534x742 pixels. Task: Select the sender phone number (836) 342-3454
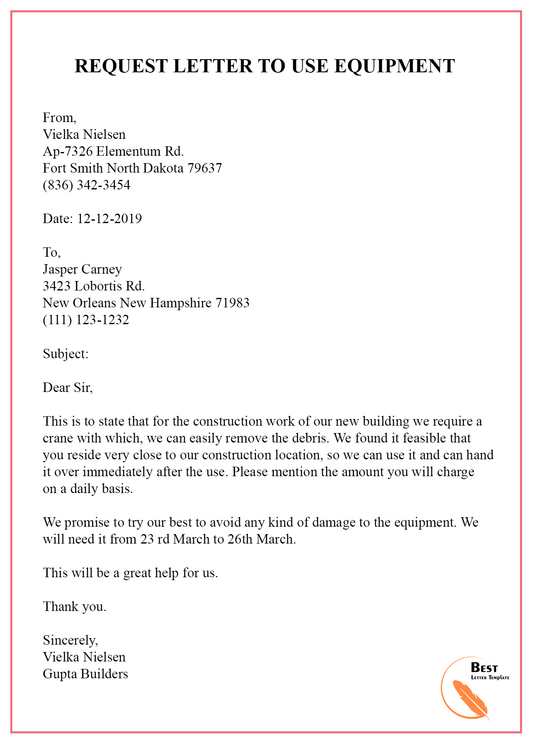(86, 185)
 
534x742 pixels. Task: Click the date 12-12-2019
(109, 219)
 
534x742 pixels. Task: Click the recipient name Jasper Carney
(82, 269)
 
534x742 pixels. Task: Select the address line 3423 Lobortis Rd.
(94, 286)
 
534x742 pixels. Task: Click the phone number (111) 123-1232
(86, 320)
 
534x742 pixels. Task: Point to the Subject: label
(66, 353)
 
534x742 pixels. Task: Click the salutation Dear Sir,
(68, 387)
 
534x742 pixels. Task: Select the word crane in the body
(58, 438)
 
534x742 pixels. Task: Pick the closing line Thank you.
(74, 606)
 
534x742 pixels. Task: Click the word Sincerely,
(70, 640)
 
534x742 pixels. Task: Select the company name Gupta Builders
(85, 674)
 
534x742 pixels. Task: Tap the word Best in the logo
(485, 668)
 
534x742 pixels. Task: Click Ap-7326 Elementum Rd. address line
(113, 151)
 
